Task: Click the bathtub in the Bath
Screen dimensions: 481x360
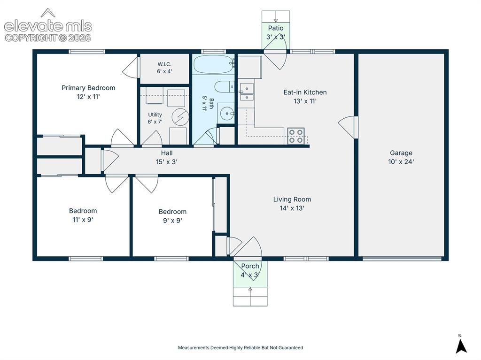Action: click(214, 64)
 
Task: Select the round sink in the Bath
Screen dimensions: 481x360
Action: click(227, 114)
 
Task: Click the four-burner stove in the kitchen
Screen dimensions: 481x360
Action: click(296, 136)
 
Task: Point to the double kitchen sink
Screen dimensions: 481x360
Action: click(247, 92)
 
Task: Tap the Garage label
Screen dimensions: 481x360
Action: click(401, 153)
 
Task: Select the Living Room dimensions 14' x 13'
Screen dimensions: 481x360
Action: click(292, 208)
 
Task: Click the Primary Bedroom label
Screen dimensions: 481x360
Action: click(88, 88)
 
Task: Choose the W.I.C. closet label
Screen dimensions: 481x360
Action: click(164, 64)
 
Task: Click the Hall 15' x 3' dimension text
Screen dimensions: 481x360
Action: click(167, 161)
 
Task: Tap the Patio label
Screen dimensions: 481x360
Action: click(276, 28)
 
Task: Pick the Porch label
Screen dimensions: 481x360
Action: click(250, 266)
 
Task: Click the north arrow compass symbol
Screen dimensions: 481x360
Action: click(461, 345)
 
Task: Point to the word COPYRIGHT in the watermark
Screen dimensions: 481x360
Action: click(31, 38)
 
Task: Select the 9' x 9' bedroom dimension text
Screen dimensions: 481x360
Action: click(172, 221)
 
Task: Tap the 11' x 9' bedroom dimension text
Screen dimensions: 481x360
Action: click(83, 220)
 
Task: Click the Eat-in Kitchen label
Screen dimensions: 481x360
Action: click(305, 92)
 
